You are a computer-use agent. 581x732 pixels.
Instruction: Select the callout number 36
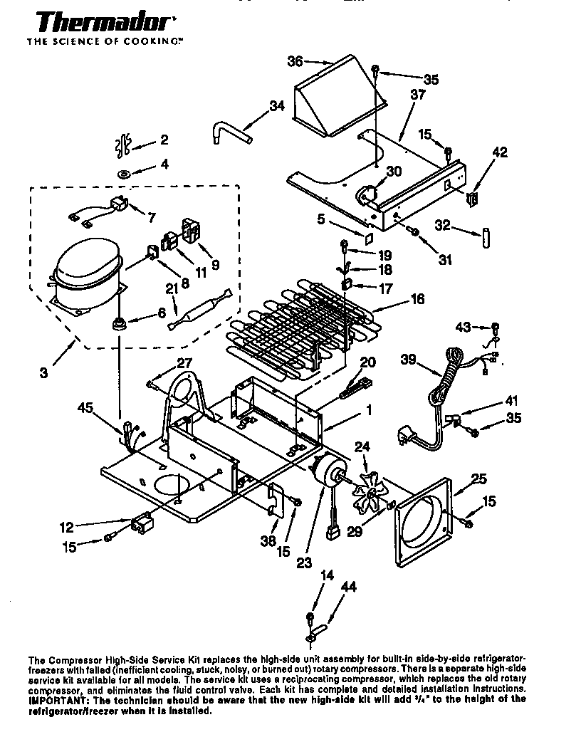(x=295, y=61)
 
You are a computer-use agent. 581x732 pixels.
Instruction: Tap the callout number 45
(x=85, y=408)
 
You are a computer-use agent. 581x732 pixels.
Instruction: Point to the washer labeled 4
(x=124, y=172)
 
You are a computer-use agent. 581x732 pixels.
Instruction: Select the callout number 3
(x=44, y=372)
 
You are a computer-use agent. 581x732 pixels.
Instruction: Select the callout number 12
(x=66, y=528)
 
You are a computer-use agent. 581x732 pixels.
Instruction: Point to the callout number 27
(x=185, y=362)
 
